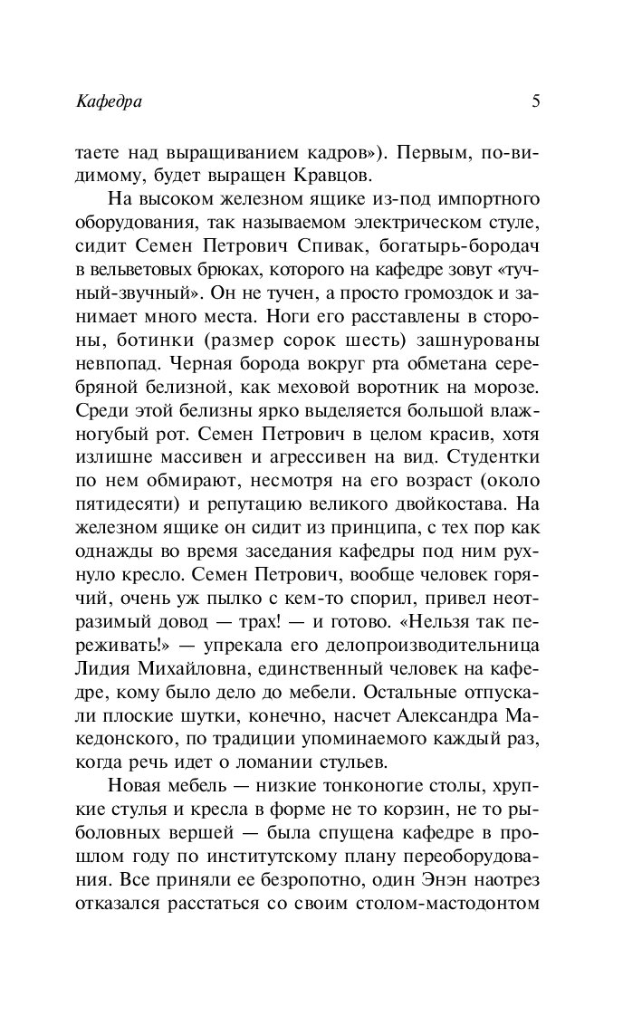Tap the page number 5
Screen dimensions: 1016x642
[x=536, y=101]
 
